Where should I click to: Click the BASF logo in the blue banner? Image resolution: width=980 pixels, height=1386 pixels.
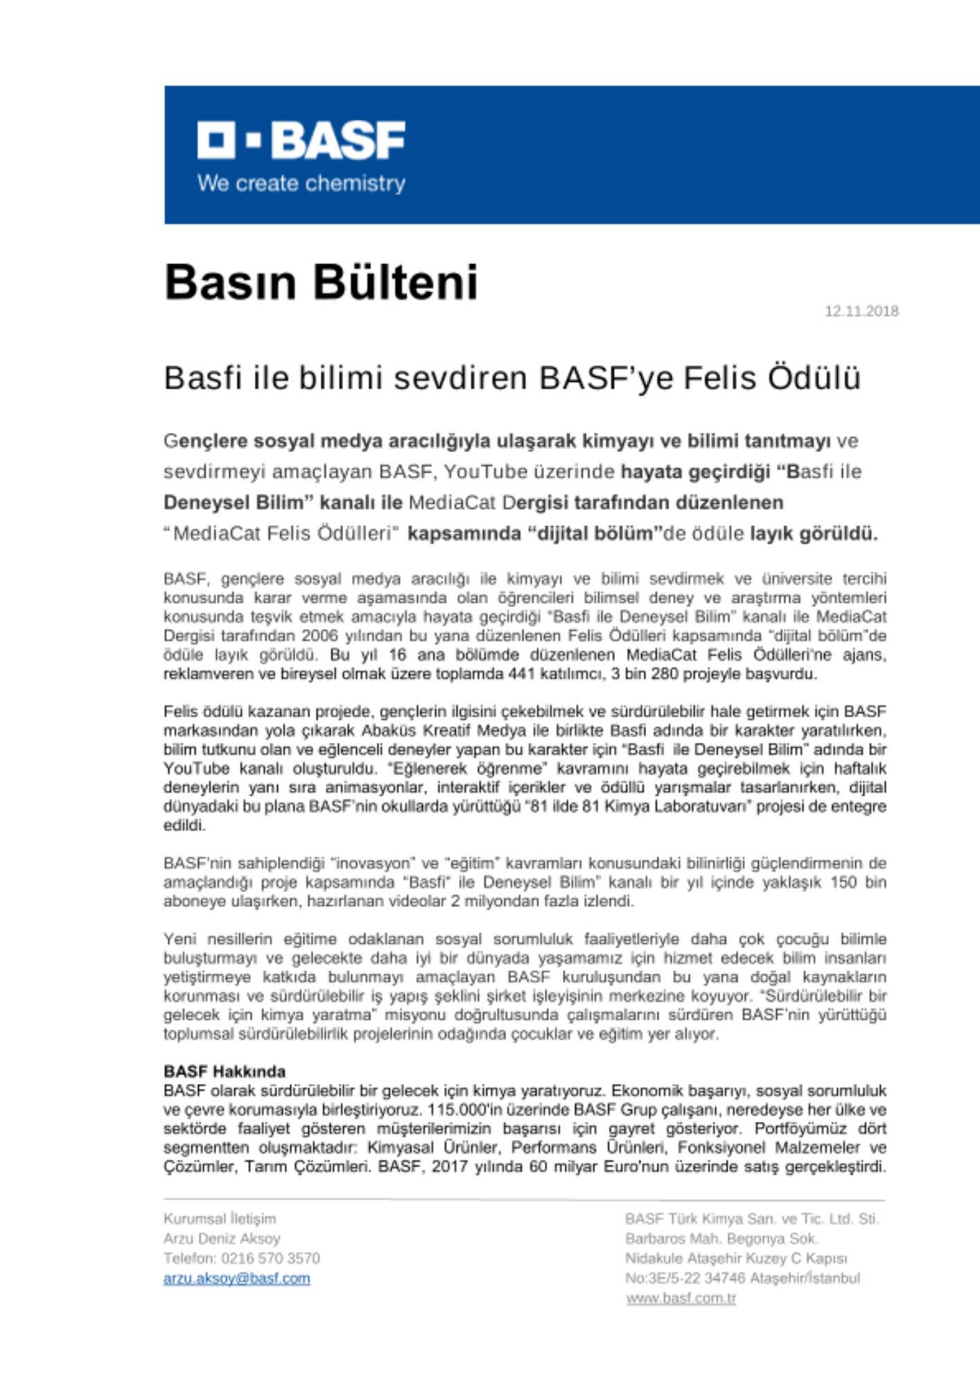pos(301,141)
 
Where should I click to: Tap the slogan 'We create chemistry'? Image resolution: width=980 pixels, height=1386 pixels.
pos(301,184)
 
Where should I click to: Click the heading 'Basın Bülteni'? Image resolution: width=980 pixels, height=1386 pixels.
pos(321,282)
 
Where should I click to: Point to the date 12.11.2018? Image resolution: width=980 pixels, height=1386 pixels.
pos(861,311)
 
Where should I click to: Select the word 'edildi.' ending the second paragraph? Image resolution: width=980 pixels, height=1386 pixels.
pos(184,825)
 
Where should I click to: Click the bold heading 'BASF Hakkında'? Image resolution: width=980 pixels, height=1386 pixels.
pos(225,1071)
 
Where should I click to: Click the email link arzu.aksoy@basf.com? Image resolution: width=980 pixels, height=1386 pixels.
pos(236,1279)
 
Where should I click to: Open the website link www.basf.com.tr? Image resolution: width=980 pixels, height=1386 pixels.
pos(681,1298)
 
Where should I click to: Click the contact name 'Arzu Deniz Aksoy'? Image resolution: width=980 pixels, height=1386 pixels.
pos(222,1238)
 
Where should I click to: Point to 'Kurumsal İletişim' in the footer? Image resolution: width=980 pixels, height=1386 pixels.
pos(220,1218)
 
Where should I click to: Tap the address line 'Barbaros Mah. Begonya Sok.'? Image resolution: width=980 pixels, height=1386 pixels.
pos(721,1238)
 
